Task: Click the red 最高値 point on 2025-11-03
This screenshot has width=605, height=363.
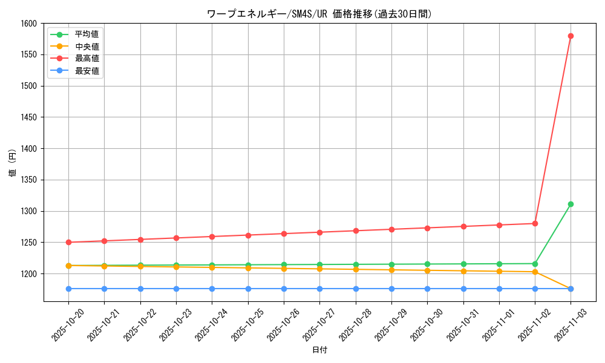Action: pyautogui.click(x=571, y=36)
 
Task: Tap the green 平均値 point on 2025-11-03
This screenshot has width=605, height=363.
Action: pyautogui.click(x=571, y=204)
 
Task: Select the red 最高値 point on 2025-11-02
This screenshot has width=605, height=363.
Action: pyautogui.click(x=535, y=223)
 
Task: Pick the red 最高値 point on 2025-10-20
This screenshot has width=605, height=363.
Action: pyautogui.click(x=68, y=242)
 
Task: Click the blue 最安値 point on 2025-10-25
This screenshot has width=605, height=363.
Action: pyautogui.click(x=248, y=289)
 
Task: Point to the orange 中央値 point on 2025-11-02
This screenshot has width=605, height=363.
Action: pyautogui.click(x=535, y=272)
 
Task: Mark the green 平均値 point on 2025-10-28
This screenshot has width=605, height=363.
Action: pyautogui.click(x=356, y=264)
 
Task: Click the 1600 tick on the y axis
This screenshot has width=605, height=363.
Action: pyautogui.click(x=29, y=23)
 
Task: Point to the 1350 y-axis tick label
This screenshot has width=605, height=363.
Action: pyautogui.click(x=29, y=180)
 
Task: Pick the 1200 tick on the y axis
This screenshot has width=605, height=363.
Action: pyautogui.click(x=29, y=273)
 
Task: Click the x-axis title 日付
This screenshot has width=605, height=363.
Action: pyautogui.click(x=319, y=350)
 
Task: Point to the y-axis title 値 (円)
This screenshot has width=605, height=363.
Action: pyautogui.click(x=13, y=164)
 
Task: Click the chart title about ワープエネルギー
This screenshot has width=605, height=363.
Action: pyautogui.click(x=319, y=13)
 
